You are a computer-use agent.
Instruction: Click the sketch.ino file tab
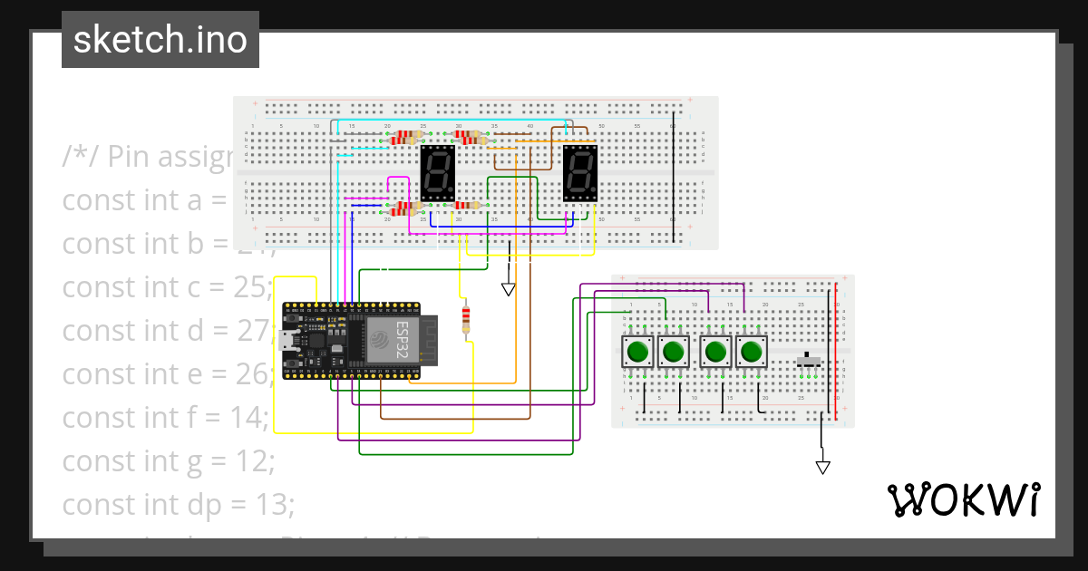coord(160,40)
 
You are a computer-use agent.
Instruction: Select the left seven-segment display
coord(438,174)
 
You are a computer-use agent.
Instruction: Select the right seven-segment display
coord(580,174)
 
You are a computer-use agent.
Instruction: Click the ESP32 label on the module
coord(403,339)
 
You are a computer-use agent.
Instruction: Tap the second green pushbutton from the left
coord(673,351)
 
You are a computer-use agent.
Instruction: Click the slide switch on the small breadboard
coord(809,361)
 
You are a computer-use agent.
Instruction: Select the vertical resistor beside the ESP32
coord(466,318)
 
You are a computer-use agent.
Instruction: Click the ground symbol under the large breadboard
coord(508,289)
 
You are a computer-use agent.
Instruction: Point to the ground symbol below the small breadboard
coord(822,467)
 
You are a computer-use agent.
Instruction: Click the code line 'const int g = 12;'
coord(169,461)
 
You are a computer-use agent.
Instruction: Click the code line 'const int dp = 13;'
coord(179,505)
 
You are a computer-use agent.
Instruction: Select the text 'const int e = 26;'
coord(167,373)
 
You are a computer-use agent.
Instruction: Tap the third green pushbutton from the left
coord(716,351)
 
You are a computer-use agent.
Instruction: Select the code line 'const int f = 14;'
coord(166,418)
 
